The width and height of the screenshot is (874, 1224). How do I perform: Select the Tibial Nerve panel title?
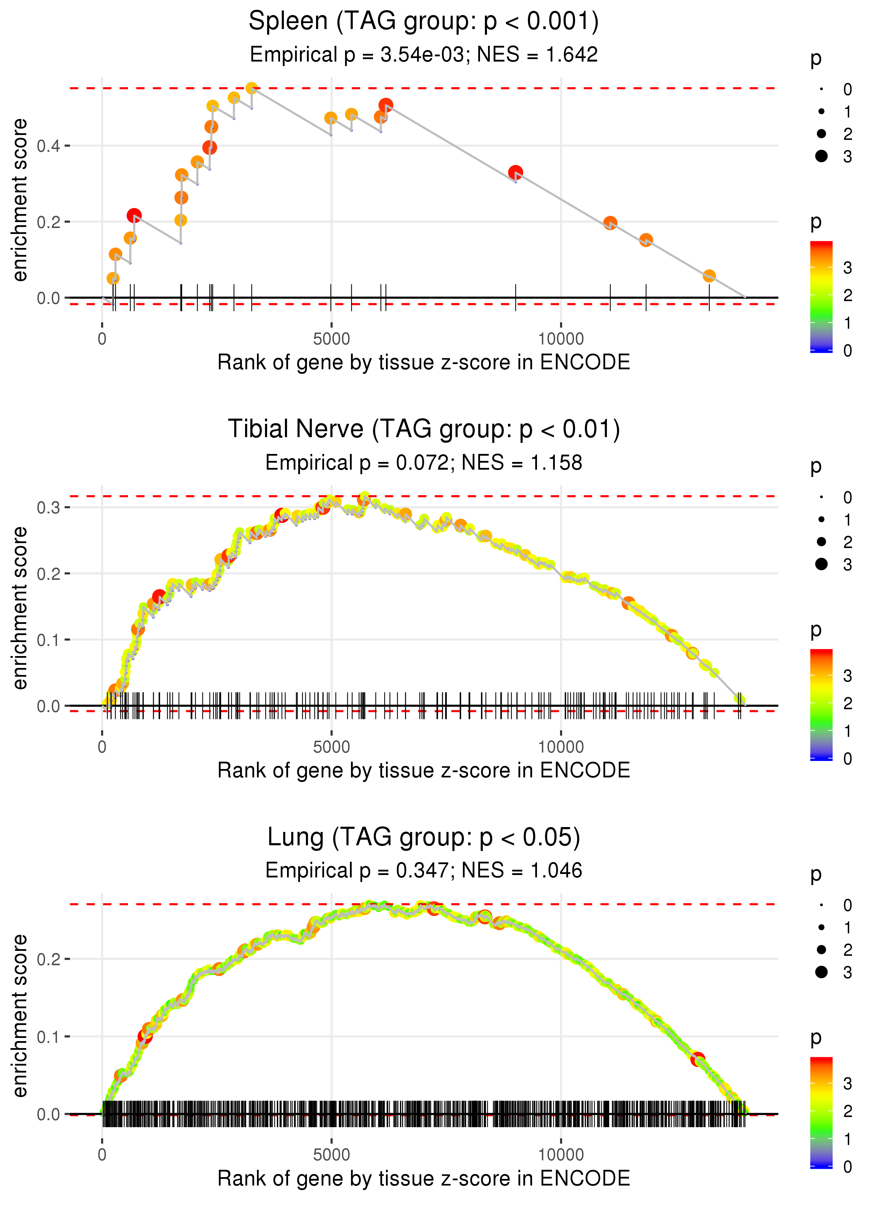[x=424, y=429]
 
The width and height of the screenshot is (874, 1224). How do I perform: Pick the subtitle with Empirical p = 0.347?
[x=424, y=871]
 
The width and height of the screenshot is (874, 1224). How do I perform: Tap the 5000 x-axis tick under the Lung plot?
[x=331, y=1154]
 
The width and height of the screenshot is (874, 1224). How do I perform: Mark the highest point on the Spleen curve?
[x=251, y=88]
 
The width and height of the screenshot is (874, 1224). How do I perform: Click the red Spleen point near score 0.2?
[x=134, y=216]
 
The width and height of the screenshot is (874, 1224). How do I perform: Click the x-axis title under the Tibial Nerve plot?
[x=424, y=771]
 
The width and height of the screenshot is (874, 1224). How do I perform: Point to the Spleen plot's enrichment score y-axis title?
[x=20, y=200]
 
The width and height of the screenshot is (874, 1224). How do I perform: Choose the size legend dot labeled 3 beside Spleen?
[x=821, y=156]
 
